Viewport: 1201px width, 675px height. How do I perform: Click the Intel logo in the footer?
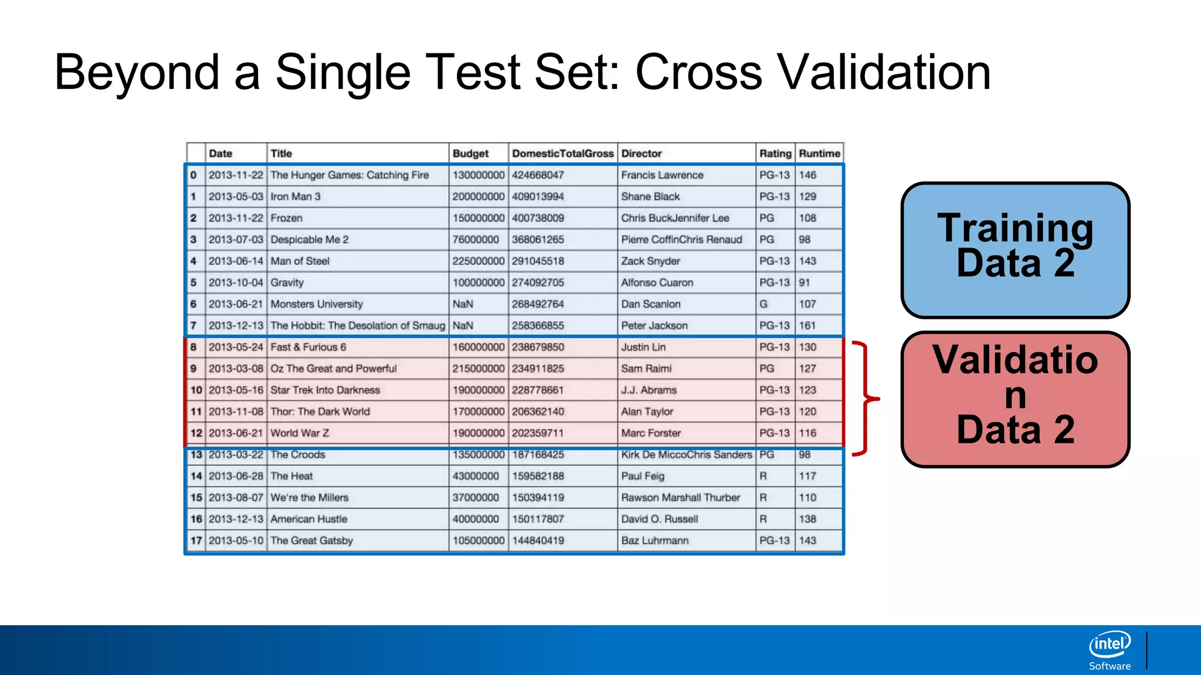pos(1110,645)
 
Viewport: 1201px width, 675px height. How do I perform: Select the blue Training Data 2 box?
pos(1015,250)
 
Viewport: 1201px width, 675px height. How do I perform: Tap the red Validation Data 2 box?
pos(1015,399)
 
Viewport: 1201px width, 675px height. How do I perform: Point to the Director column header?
pos(641,154)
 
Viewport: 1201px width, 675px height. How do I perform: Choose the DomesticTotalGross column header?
pos(562,154)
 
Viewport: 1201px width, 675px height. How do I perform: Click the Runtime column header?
pos(819,154)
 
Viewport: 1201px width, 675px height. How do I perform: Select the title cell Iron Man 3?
pos(296,197)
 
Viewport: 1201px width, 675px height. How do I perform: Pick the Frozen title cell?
pos(287,218)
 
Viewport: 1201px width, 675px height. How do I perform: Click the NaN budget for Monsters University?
pos(463,304)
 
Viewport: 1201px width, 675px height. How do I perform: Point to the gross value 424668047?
pos(538,175)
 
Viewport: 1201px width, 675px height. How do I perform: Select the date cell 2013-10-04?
pos(236,282)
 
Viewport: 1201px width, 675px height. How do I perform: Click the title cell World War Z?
pos(300,433)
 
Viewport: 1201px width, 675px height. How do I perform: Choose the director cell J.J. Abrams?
pos(649,390)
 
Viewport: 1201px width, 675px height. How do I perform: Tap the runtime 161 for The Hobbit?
pos(808,326)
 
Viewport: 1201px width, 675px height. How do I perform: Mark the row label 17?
pos(196,541)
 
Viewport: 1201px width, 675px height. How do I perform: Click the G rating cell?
pos(764,304)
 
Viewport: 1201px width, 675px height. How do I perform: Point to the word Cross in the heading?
pos(698,73)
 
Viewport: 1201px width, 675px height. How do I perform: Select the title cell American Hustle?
pos(309,519)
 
